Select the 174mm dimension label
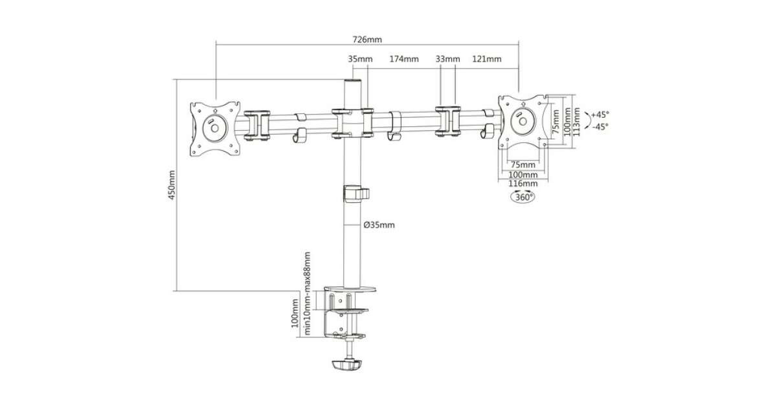tap(404, 60)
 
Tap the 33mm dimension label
tap(447, 60)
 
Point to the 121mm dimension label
tap(487, 60)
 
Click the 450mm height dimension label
tap(172, 186)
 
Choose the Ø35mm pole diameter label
tap(379, 225)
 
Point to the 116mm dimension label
tap(523, 184)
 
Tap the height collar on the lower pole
tap(355, 194)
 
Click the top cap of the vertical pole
tap(353, 82)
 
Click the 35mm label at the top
tap(360, 60)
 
